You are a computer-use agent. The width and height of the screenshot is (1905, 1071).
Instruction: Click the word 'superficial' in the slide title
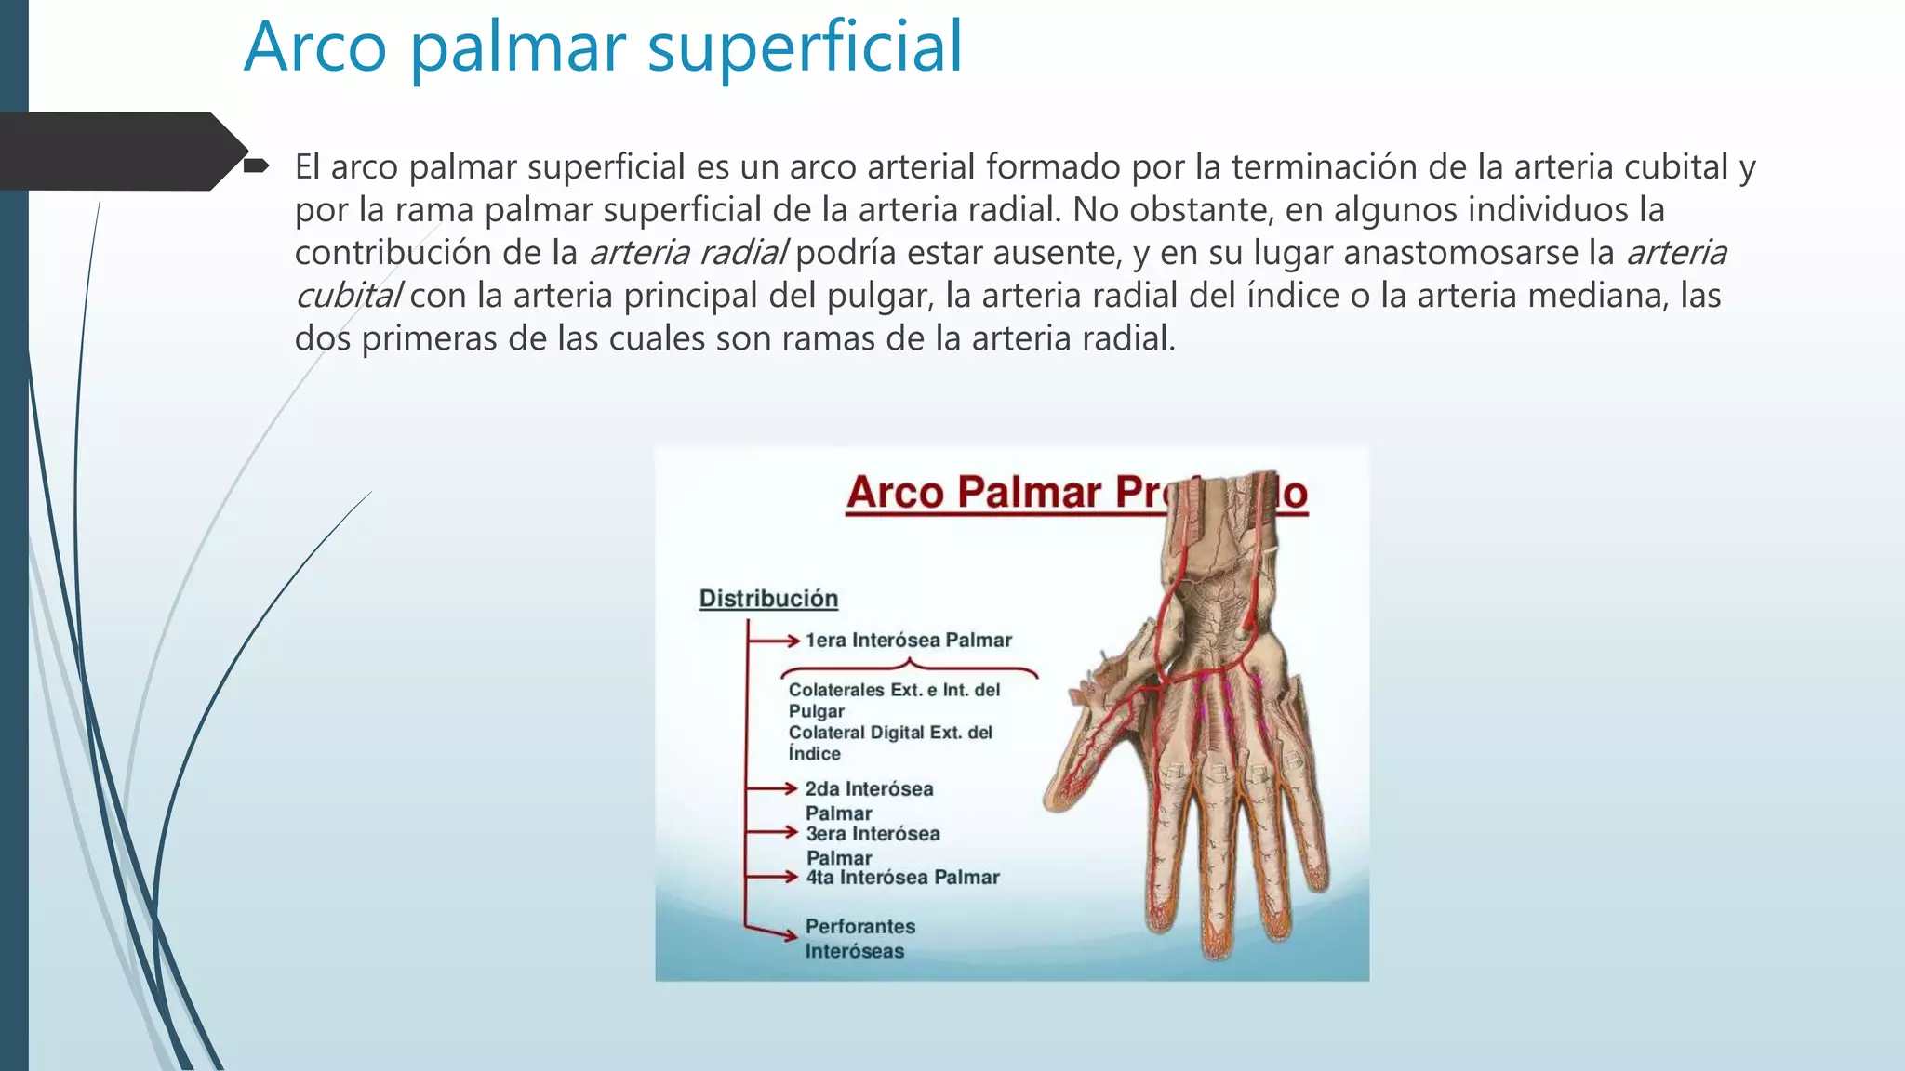tap(805, 48)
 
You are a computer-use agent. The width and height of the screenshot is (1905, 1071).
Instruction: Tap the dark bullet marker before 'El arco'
tap(256, 166)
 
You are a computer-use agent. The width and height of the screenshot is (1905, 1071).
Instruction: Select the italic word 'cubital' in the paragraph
tap(348, 296)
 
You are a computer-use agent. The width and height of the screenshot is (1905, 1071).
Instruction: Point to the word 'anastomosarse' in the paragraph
tap(1464, 253)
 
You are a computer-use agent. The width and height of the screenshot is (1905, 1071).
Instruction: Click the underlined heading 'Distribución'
tap(768, 599)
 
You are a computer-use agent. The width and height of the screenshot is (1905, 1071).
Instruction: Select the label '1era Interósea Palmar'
tap(908, 641)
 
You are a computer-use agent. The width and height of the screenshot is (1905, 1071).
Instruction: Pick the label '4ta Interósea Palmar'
tap(902, 878)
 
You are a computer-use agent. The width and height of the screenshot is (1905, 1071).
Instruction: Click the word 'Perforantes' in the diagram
tap(859, 927)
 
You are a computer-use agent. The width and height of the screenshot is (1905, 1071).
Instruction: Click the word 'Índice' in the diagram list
tap(814, 754)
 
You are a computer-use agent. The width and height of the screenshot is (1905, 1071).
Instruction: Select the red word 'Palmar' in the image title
tap(1029, 493)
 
